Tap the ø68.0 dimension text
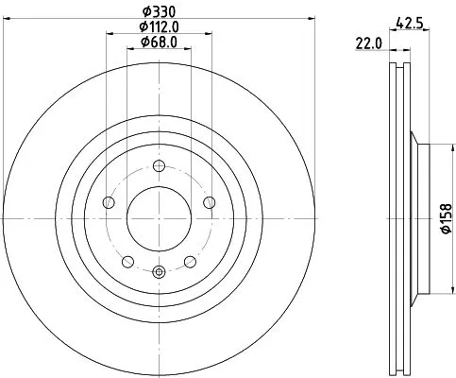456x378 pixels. coord(158,42)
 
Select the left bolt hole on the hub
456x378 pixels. coord(109,203)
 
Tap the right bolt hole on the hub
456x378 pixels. coord(209,203)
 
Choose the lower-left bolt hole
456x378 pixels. coord(127,257)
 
